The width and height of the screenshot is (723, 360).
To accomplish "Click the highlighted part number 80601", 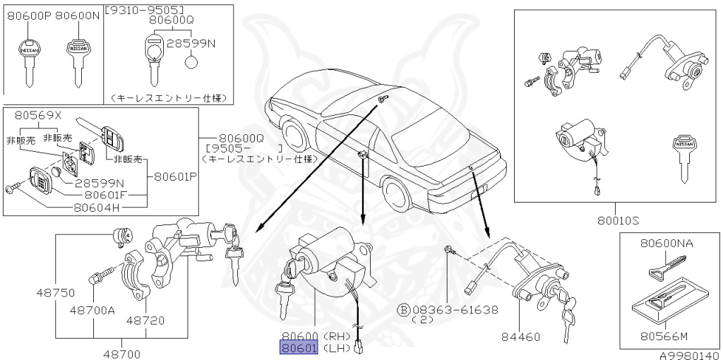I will pyautogui.click(x=299, y=347).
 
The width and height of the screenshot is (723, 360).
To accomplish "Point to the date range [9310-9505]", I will pyautogui.click(x=144, y=10).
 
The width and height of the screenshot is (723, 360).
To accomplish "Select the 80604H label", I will pyautogui.click(x=99, y=208).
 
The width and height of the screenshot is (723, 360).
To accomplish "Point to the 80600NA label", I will pyautogui.click(x=667, y=244).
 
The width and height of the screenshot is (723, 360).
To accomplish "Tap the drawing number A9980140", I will pyautogui.click(x=690, y=355).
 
